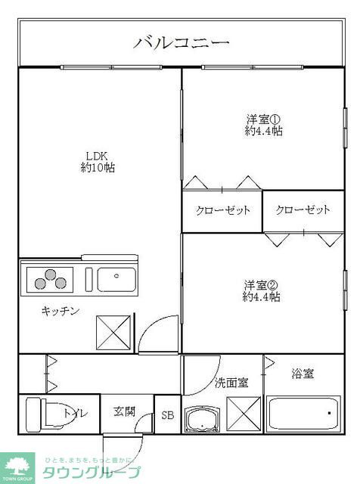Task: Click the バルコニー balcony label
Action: click(182, 42)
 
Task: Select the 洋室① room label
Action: click(263, 119)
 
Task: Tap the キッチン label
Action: click(60, 310)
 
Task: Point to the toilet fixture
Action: click(45, 414)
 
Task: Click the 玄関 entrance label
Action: click(125, 412)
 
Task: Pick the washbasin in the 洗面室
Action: click(201, 419)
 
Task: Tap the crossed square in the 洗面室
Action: click(244, 414)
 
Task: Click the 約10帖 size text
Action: click(97, 168)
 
